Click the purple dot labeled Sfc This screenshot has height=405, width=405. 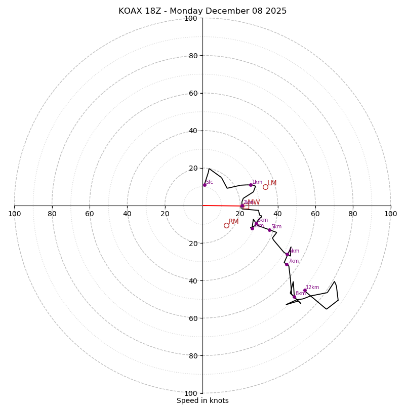[205, 185]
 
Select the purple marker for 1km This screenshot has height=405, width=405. [251, 185]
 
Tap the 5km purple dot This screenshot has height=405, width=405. [269, 230]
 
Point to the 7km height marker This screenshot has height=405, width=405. [287, 264]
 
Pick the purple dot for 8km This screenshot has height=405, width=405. [294, 297]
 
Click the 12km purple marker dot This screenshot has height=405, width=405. [305, 290]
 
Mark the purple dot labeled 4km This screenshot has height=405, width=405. [252, 228]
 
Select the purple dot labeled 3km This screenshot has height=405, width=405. [256, 223]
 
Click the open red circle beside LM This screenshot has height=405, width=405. [265, 187]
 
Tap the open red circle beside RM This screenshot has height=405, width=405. [226, 225]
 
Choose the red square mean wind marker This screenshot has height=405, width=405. [246, 207]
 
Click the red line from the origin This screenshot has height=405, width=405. [223, 206]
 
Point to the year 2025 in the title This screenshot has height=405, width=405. [276, 11]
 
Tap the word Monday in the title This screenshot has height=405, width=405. [191, 11]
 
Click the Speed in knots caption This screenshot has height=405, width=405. [202, 400]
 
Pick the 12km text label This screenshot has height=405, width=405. [312, 288]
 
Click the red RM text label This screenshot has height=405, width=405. [233, 222]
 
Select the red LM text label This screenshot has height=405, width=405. [272, 183]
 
